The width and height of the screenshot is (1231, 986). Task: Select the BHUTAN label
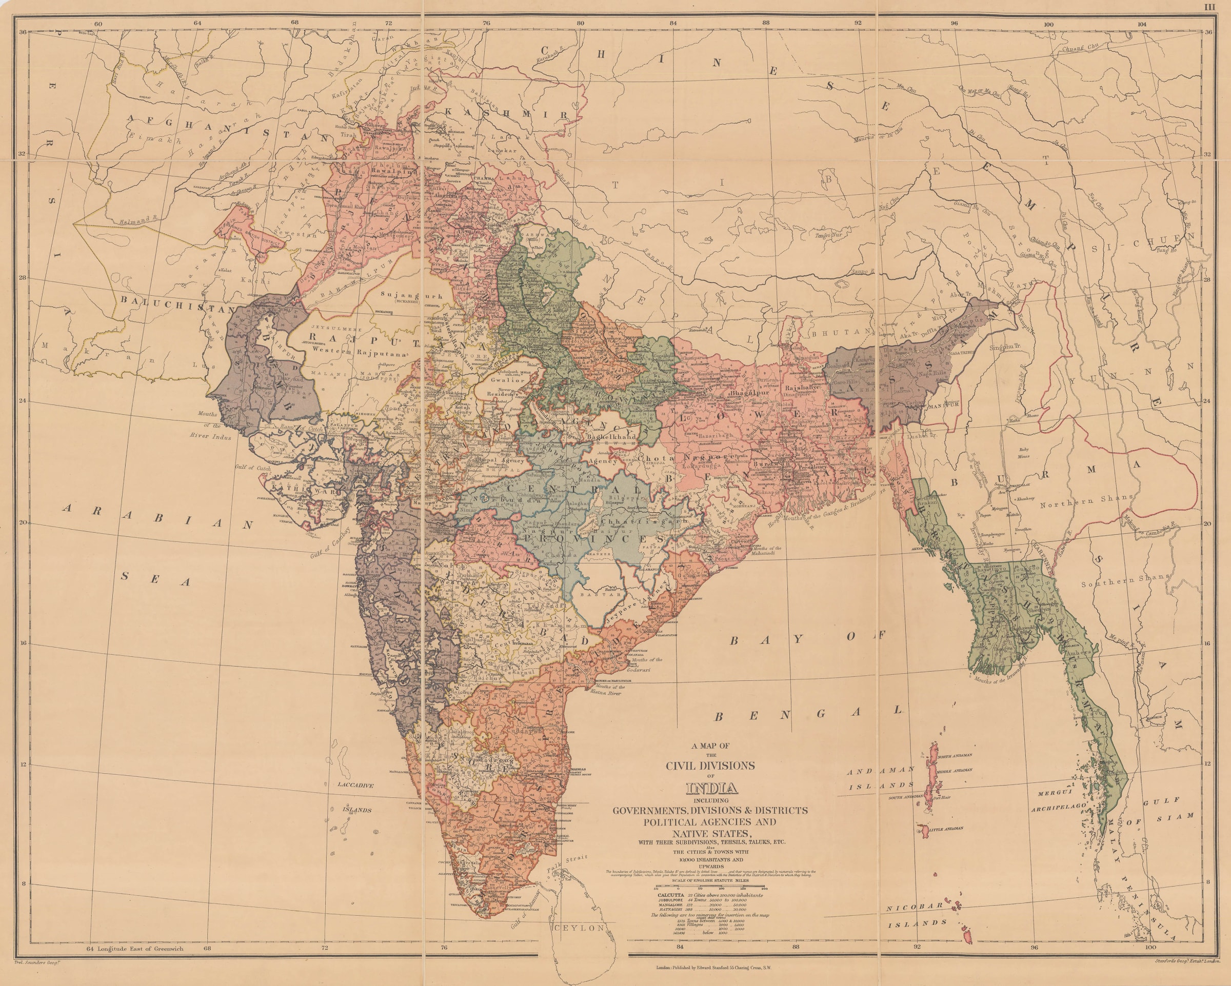coord(847,331)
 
